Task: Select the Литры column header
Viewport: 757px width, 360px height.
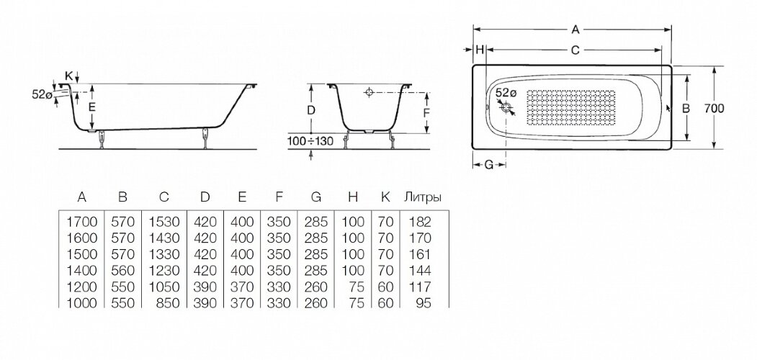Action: [x=424, y=197]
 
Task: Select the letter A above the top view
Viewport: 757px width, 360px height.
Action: [x=574, y=30]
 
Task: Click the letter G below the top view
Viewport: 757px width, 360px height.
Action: [x=488, y=165]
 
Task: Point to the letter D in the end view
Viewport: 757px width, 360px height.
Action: [x=310, y=110]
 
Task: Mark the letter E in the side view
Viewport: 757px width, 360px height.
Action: [x=91, y=107]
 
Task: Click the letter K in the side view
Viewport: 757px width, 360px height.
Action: [x=68, y=75]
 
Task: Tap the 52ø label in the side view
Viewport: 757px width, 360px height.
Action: [x=42, y=93]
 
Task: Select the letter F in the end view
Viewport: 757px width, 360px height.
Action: [x=426, y=113]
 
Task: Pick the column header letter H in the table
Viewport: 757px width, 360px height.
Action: [x=351, y=197]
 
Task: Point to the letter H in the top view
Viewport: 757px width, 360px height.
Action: [x=479, y=50]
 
